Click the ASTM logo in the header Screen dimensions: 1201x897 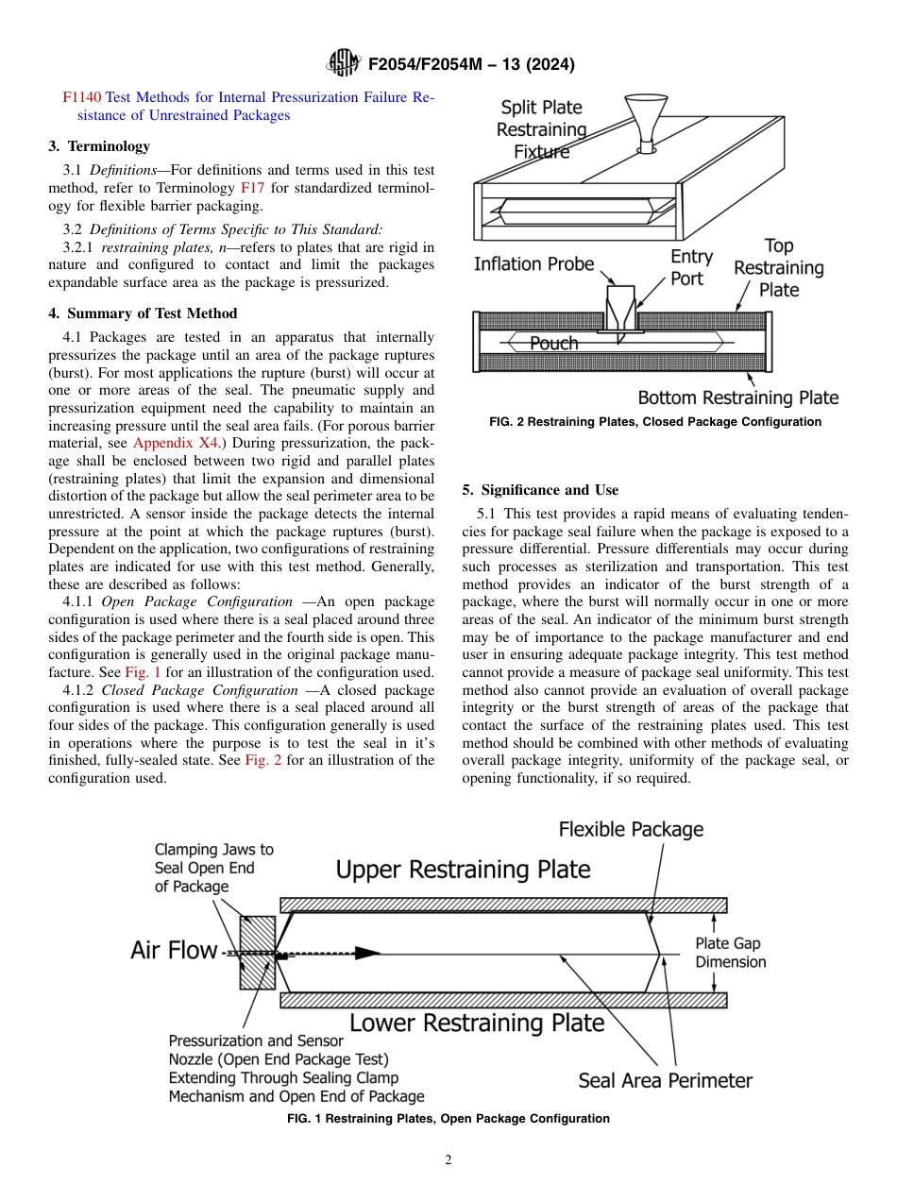[x=343, y=63]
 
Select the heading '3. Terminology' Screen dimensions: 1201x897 [x=99, y=146]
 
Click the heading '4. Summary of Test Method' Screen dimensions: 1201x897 [x=143, y=313]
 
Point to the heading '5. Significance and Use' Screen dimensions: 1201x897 [x=540, y=490]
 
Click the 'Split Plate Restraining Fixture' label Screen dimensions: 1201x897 [x=541, y=129]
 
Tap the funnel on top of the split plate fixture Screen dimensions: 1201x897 [x=647, y=120]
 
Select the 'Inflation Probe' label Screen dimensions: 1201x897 [x=533, y=265]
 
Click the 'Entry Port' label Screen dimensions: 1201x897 [x=691, y=267]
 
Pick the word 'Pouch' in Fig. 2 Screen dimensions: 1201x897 [x=553, y=344]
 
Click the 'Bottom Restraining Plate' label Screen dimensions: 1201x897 [x=737, y=398]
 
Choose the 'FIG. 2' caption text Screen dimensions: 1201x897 [x=655, y=422]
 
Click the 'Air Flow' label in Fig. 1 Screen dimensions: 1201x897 [x=174, y=951]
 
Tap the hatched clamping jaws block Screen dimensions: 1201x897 [x=257, y=953]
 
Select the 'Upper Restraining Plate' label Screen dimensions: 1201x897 [x=464, y=869]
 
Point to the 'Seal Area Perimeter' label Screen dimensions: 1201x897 [x=665, y=1081]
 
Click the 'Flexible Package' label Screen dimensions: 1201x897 [x=631, y=830]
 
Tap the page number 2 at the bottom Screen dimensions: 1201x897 [x=448, y=1160]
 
